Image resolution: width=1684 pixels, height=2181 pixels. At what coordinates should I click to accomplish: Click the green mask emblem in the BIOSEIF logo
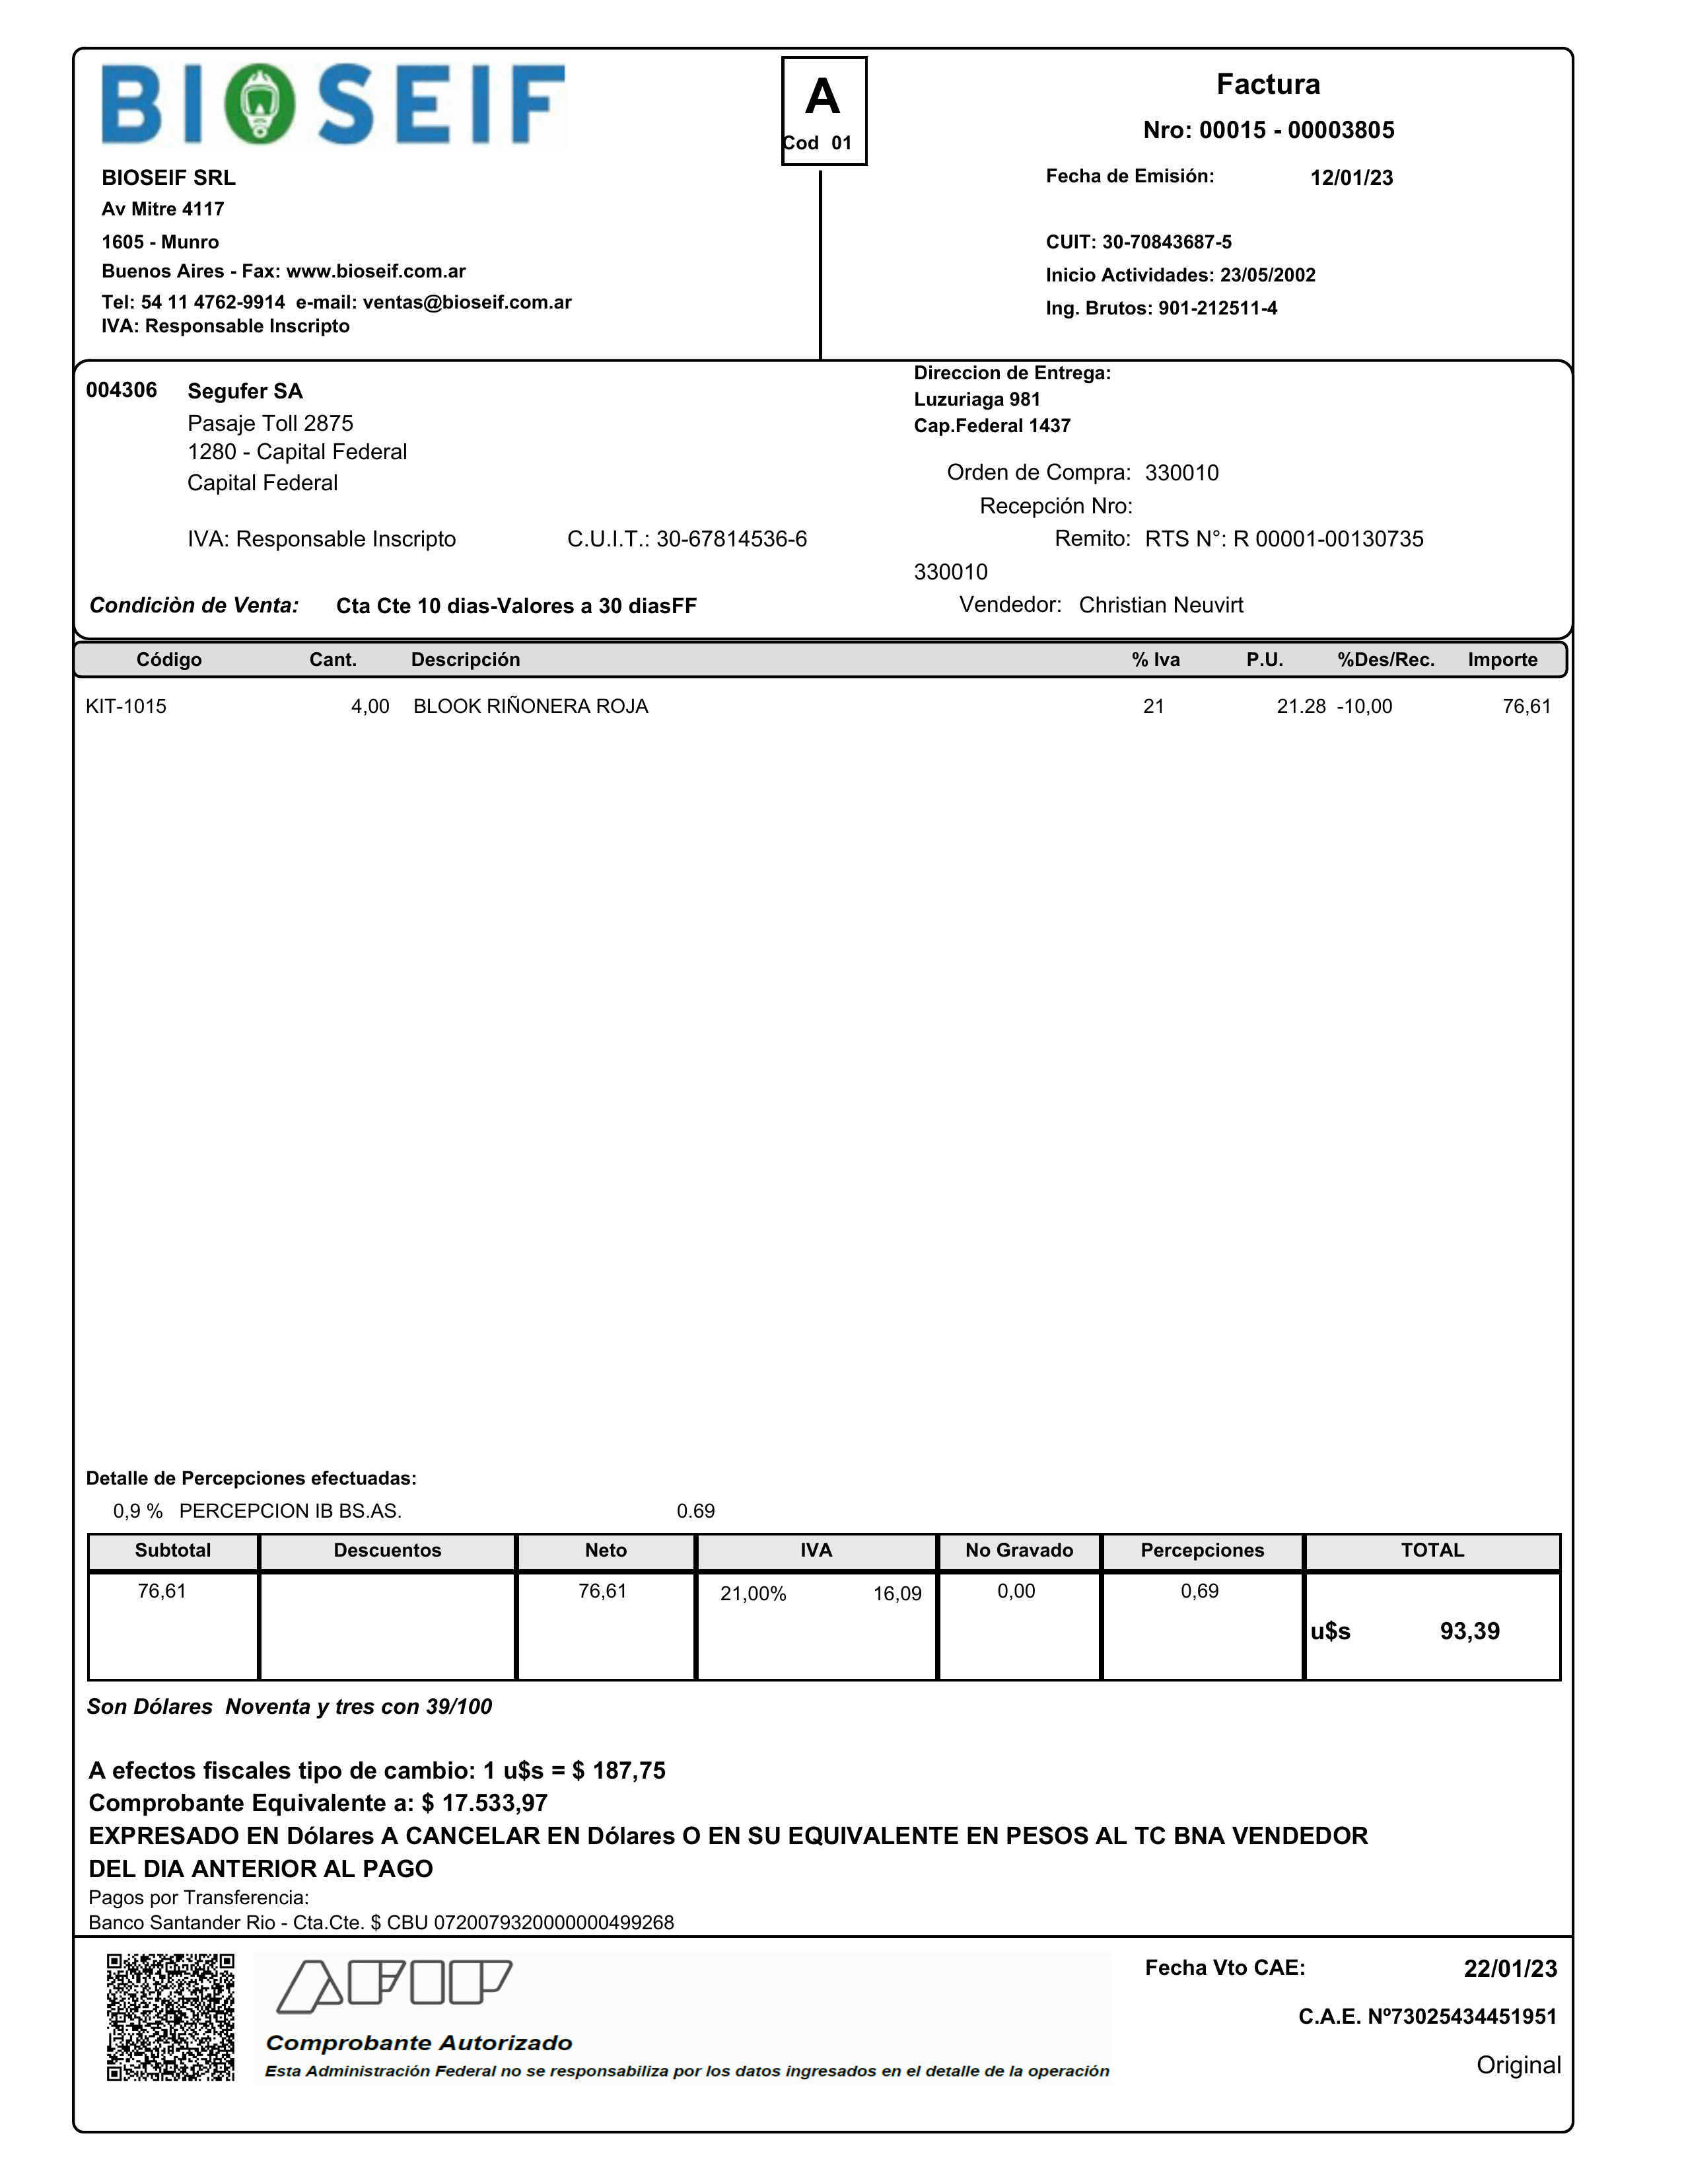[x=260, y=104]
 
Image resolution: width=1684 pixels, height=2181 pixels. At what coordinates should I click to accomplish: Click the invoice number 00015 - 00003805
[x=1297, y=129]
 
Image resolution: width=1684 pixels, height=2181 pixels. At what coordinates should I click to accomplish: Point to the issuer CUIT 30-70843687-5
[x=1166, y=242]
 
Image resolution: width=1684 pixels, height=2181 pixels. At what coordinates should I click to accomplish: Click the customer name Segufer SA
[x=244, y=391]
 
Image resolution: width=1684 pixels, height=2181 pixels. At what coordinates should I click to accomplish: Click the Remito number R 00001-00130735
[x=1327, y=539]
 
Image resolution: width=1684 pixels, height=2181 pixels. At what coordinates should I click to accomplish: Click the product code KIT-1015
[x=125, y=706]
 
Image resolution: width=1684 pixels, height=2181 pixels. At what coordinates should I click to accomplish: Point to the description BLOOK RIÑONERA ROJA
[x=530, y=706]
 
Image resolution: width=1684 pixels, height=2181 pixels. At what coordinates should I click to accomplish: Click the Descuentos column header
[x=387, y=1550]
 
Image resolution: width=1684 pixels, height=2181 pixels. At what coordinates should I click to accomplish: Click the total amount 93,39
[x=1469, y=1631]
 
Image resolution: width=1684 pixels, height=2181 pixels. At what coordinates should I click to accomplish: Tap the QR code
[x=170, y=2016]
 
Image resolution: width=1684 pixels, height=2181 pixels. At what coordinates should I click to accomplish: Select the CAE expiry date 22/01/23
[x=1509, y=1968]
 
